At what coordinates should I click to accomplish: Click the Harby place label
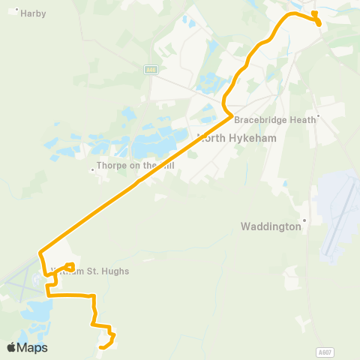(34, 13)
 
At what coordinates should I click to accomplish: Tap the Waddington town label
(269, 225)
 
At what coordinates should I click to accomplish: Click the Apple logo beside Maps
(11, 347)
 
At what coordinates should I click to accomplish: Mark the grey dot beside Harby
(17, 10)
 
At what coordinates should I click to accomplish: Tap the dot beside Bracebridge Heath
(319, 116)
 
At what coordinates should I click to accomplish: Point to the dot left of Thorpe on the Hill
(92, 169)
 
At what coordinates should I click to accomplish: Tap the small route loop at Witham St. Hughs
(69, 265)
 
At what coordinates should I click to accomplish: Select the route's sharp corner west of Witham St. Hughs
(40, 251)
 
